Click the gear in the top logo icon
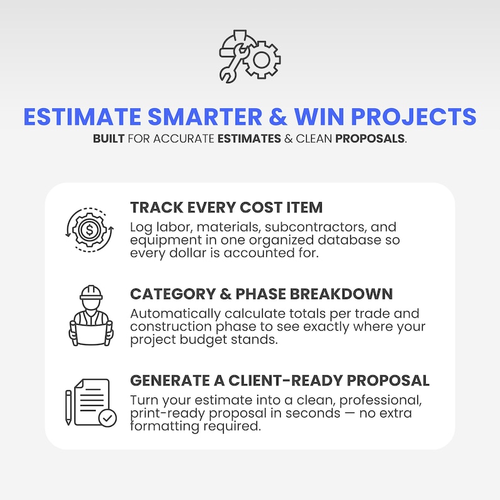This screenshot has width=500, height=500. click(x=261, y=60)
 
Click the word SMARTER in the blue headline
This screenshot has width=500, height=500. click(x=205, y=116)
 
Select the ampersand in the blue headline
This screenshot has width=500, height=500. click(x=278, y=116)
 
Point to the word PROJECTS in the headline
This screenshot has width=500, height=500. click(x=414, y=116)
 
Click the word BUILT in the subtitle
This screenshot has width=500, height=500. click(x=108, y=139)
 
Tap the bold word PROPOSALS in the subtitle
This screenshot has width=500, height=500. click(x=370, y=139)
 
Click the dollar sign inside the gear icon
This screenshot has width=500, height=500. click(x=89, y=230)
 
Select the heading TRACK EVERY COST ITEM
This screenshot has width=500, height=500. click(x=227, y=207)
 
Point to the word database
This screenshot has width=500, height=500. click(x=349, y=240)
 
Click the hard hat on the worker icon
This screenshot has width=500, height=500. click(x=91, y=292)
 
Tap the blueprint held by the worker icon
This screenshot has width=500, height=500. click(x=91, y=333)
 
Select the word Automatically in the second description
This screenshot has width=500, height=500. click(x=175, y=314)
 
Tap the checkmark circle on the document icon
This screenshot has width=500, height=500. click(x=108, y=418)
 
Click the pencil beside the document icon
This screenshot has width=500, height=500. click(x=68, y=407)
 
